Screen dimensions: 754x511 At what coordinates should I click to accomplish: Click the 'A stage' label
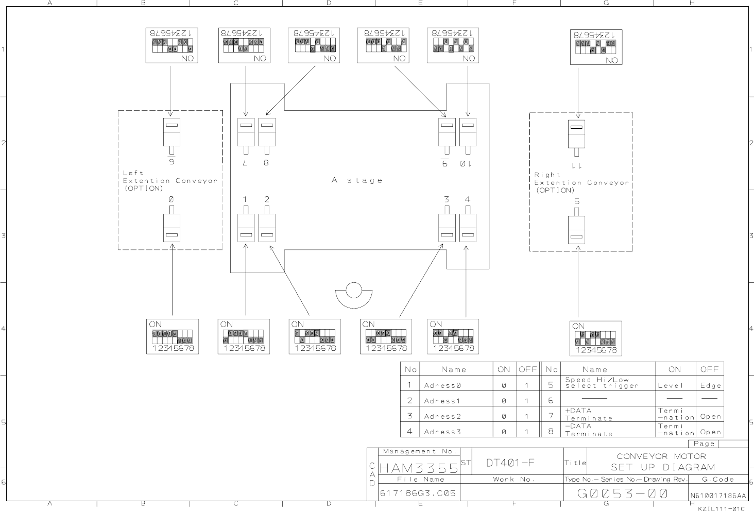357,180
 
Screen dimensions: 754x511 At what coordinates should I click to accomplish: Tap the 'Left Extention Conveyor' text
169,181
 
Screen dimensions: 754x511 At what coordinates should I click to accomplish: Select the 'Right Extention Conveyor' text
581,182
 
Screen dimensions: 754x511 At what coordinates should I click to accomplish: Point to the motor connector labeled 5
576,230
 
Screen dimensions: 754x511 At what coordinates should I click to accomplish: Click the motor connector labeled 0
172,228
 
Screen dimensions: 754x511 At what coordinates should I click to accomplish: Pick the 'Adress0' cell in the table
442,385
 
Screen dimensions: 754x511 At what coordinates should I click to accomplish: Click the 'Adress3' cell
442,432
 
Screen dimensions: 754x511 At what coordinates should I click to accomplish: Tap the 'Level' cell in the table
671,385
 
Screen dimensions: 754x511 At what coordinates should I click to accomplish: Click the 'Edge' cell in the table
710,385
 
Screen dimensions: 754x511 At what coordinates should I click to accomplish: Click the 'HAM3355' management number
419,468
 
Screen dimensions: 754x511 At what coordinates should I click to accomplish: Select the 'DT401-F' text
510,462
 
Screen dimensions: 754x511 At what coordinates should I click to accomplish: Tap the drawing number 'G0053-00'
623,493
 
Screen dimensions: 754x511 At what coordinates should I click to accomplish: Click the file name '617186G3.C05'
418,493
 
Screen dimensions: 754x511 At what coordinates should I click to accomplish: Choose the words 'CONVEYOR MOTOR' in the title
661,456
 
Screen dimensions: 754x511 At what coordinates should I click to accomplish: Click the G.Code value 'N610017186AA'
717,496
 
